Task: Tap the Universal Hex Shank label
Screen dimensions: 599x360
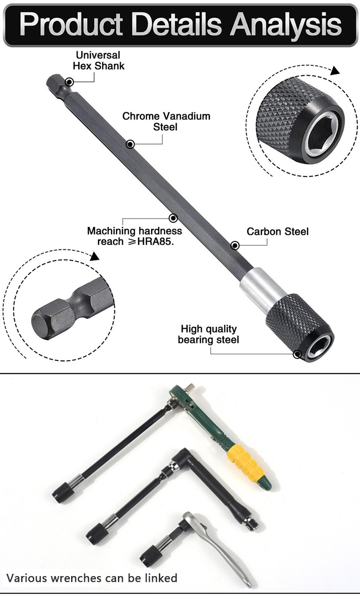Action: (x=99, y=60)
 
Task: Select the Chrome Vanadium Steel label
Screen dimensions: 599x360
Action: (x=166, y=122)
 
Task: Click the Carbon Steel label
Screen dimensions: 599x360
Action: (x=278, y=232)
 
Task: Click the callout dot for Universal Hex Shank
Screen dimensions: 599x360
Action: (x=69, y=82)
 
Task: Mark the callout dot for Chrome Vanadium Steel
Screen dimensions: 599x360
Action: (x=130, y=144)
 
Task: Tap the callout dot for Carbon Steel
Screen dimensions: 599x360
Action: (x=234, y=245)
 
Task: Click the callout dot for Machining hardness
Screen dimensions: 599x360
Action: (x=173, y=218)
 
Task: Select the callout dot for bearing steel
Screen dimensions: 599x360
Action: (x=297, y=354)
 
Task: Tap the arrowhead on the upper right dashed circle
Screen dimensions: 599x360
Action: (x=334, y=70)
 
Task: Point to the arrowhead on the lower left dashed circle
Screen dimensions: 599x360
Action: (x=94, y=257)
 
